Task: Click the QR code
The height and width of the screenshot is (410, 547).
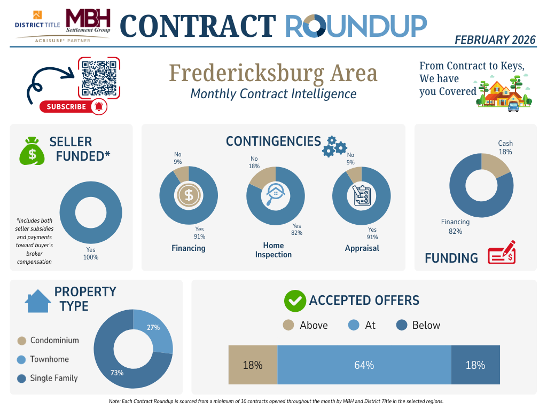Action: [x=99, y=78]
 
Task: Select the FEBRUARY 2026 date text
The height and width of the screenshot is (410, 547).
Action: [x=495, y=40]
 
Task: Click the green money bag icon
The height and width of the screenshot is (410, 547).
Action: [x=32, y=151]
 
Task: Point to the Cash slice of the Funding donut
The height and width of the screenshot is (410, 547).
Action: [x=494, y=165]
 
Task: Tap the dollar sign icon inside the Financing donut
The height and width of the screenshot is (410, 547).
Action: [x=189, y=195]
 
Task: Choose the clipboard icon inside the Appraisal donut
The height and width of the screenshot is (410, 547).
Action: [x=362, y=195]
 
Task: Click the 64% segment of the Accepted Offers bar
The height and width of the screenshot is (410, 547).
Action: [x=364, y=365]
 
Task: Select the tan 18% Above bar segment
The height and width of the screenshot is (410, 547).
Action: [x=253, y=365]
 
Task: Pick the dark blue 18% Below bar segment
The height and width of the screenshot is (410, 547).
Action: [x=475, y=365]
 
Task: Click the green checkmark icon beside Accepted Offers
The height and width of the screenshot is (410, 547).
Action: [x=294, y=301]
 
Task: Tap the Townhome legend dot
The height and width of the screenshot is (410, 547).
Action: [x=22, y=360]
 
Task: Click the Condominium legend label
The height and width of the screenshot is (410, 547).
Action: [x=54, y=341]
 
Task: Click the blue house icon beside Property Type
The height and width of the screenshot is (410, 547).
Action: [x=38, y=301]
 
